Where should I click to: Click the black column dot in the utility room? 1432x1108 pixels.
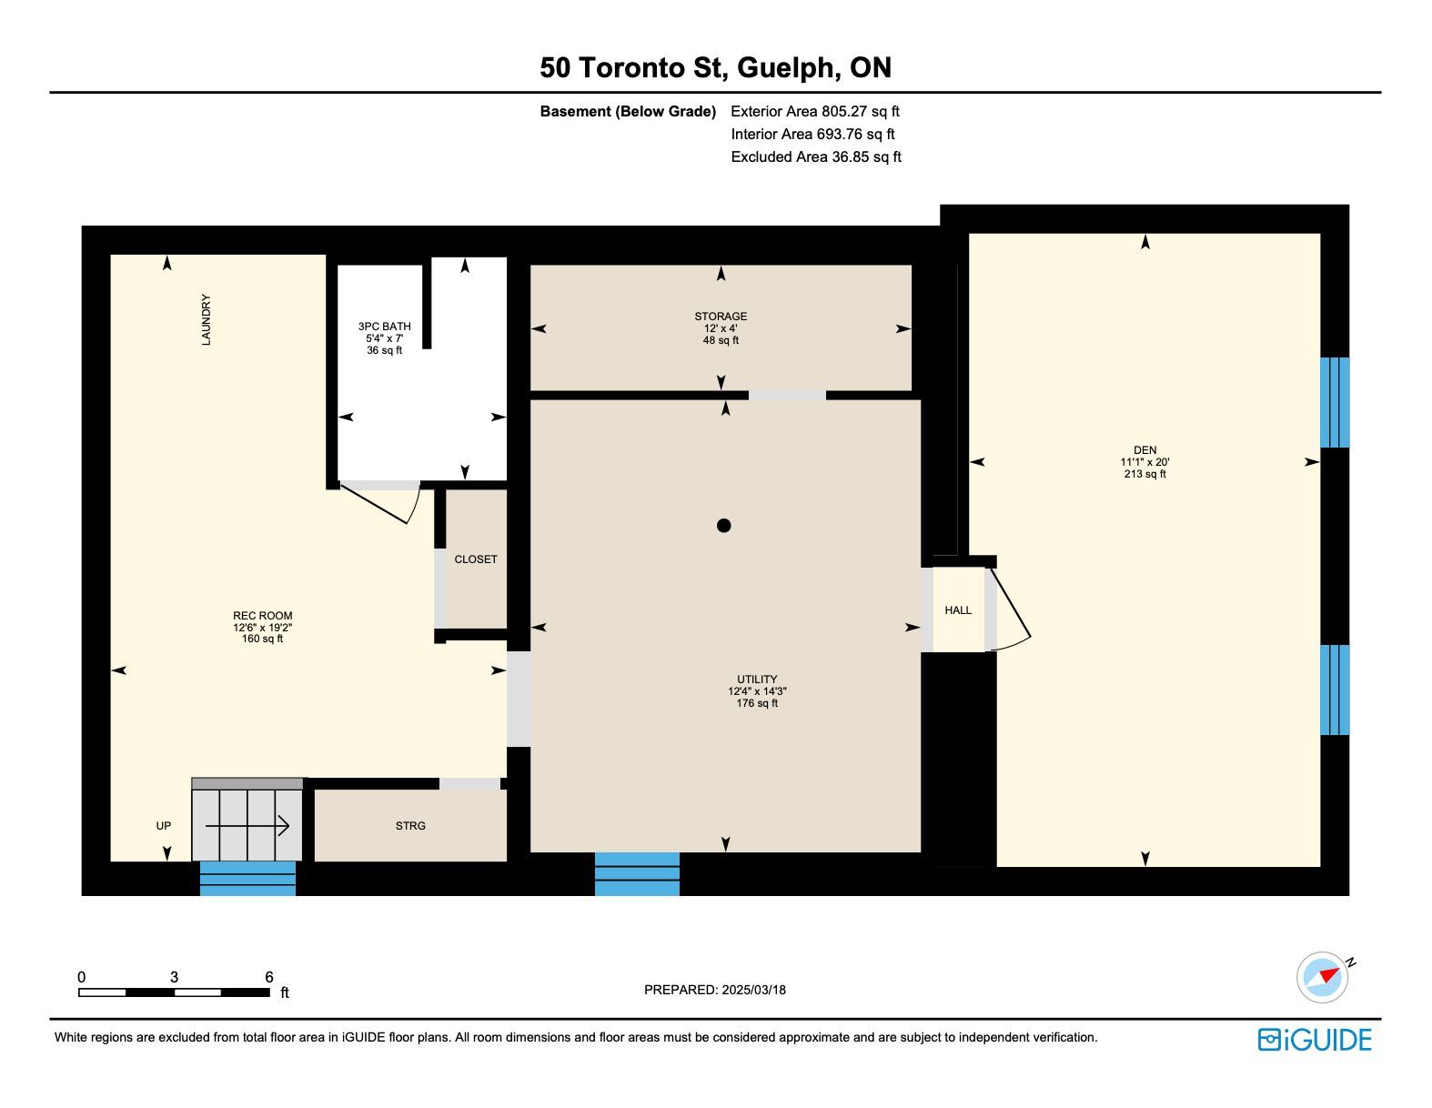point(723,526)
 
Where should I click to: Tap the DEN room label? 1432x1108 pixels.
point(1145,450)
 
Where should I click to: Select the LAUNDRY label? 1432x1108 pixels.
point(207,319)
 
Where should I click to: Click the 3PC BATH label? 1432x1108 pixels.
point(384,327)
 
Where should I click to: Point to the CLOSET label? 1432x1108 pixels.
point(476,559)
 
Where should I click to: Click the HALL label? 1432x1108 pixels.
point(958,610)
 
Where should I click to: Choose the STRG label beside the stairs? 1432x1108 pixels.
point(410,826)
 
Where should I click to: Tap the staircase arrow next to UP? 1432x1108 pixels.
point(247,826)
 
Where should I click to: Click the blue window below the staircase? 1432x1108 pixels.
point(247,878)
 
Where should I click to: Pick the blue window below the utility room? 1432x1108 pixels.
point(637,874)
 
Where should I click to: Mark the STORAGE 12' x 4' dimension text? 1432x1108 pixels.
point(721,328)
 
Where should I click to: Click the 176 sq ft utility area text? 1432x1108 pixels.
point(757,703)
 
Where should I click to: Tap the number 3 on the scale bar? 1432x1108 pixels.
point(174,977)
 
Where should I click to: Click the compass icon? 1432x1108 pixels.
point(1323,978)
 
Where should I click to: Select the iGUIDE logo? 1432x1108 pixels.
point(1315,1040)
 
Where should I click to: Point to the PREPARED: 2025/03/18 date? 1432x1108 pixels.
point(715,990)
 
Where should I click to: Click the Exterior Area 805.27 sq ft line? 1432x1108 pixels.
point(815,111)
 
